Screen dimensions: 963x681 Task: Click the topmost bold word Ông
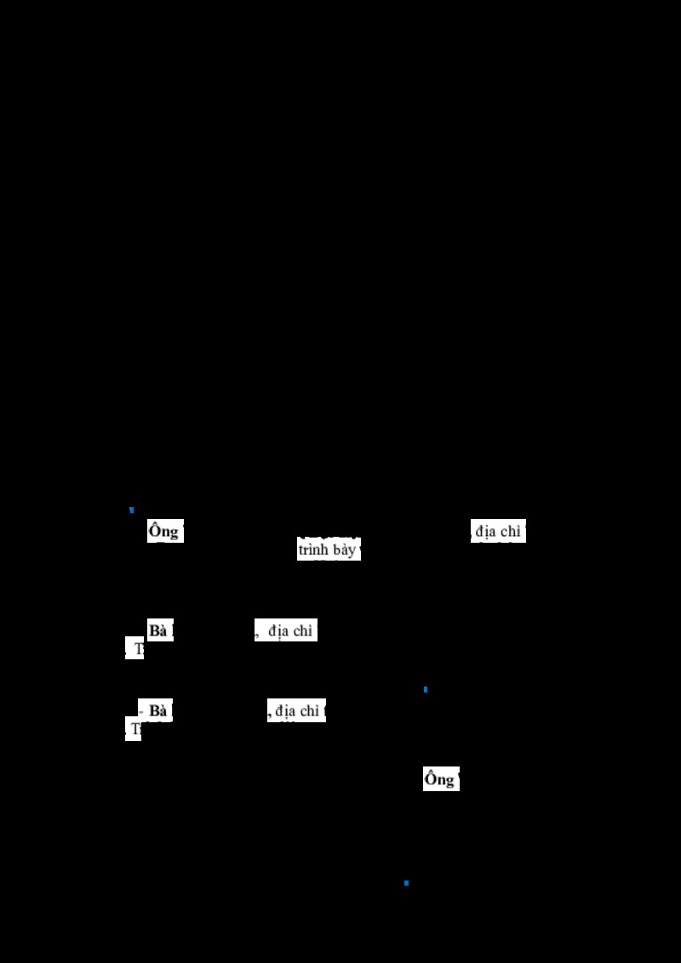(x=163, y=532)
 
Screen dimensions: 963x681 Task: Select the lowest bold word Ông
(x=439, y=779)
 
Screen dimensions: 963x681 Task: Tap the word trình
(x=312, y=550)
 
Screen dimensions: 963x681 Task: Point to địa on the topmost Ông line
(x=486, y=532)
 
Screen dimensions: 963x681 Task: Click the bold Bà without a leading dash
(x=157, y=631)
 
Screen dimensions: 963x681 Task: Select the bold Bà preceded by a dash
(x=158, y=711)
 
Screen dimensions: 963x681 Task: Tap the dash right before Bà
(x=142, y=711)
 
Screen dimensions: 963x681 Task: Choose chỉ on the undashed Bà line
(x=303, y=631)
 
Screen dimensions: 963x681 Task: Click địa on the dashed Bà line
(x=285, y=711)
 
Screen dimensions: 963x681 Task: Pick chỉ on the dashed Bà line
(x=309, y=711)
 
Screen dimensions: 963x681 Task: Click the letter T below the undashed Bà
(x=139, y=650)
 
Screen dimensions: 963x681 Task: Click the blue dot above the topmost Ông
(x=131, y=510)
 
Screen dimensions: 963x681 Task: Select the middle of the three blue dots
(x=425, y=689)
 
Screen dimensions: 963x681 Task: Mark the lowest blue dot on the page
(x=406, y=883)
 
